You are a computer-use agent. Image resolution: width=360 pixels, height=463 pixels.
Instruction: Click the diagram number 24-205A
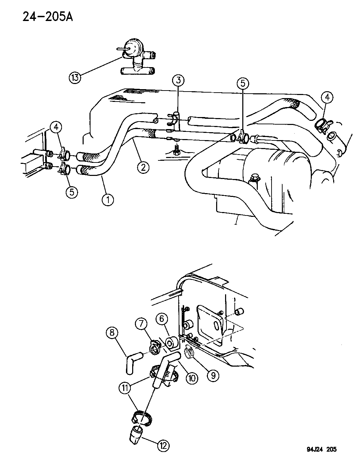[48, 16]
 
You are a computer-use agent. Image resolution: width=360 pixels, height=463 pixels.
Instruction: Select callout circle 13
[75, 77]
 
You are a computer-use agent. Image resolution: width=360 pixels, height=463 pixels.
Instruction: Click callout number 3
[178, 81]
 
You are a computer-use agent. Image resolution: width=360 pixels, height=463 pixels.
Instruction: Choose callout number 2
[143, 167]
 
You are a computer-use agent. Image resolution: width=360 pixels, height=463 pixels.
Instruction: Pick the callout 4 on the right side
[327, 98]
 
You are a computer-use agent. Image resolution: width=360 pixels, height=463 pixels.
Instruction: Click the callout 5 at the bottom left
[72, 192]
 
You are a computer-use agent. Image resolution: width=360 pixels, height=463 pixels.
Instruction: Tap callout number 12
[163, 446]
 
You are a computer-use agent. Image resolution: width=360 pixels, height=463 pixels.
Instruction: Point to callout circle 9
[213, 375]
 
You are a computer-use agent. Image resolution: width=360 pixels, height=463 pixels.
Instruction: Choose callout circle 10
[191, 378]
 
